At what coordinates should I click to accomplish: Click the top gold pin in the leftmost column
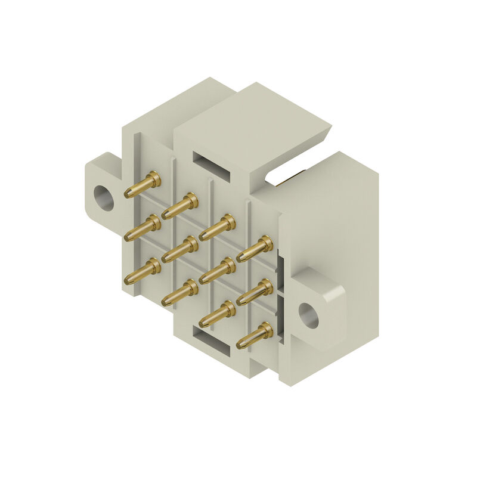click(143, 184)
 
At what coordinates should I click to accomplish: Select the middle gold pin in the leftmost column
click(143, 228)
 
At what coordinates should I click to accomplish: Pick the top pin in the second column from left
click(180, 206)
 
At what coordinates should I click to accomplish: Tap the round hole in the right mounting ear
click(308, 314)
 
